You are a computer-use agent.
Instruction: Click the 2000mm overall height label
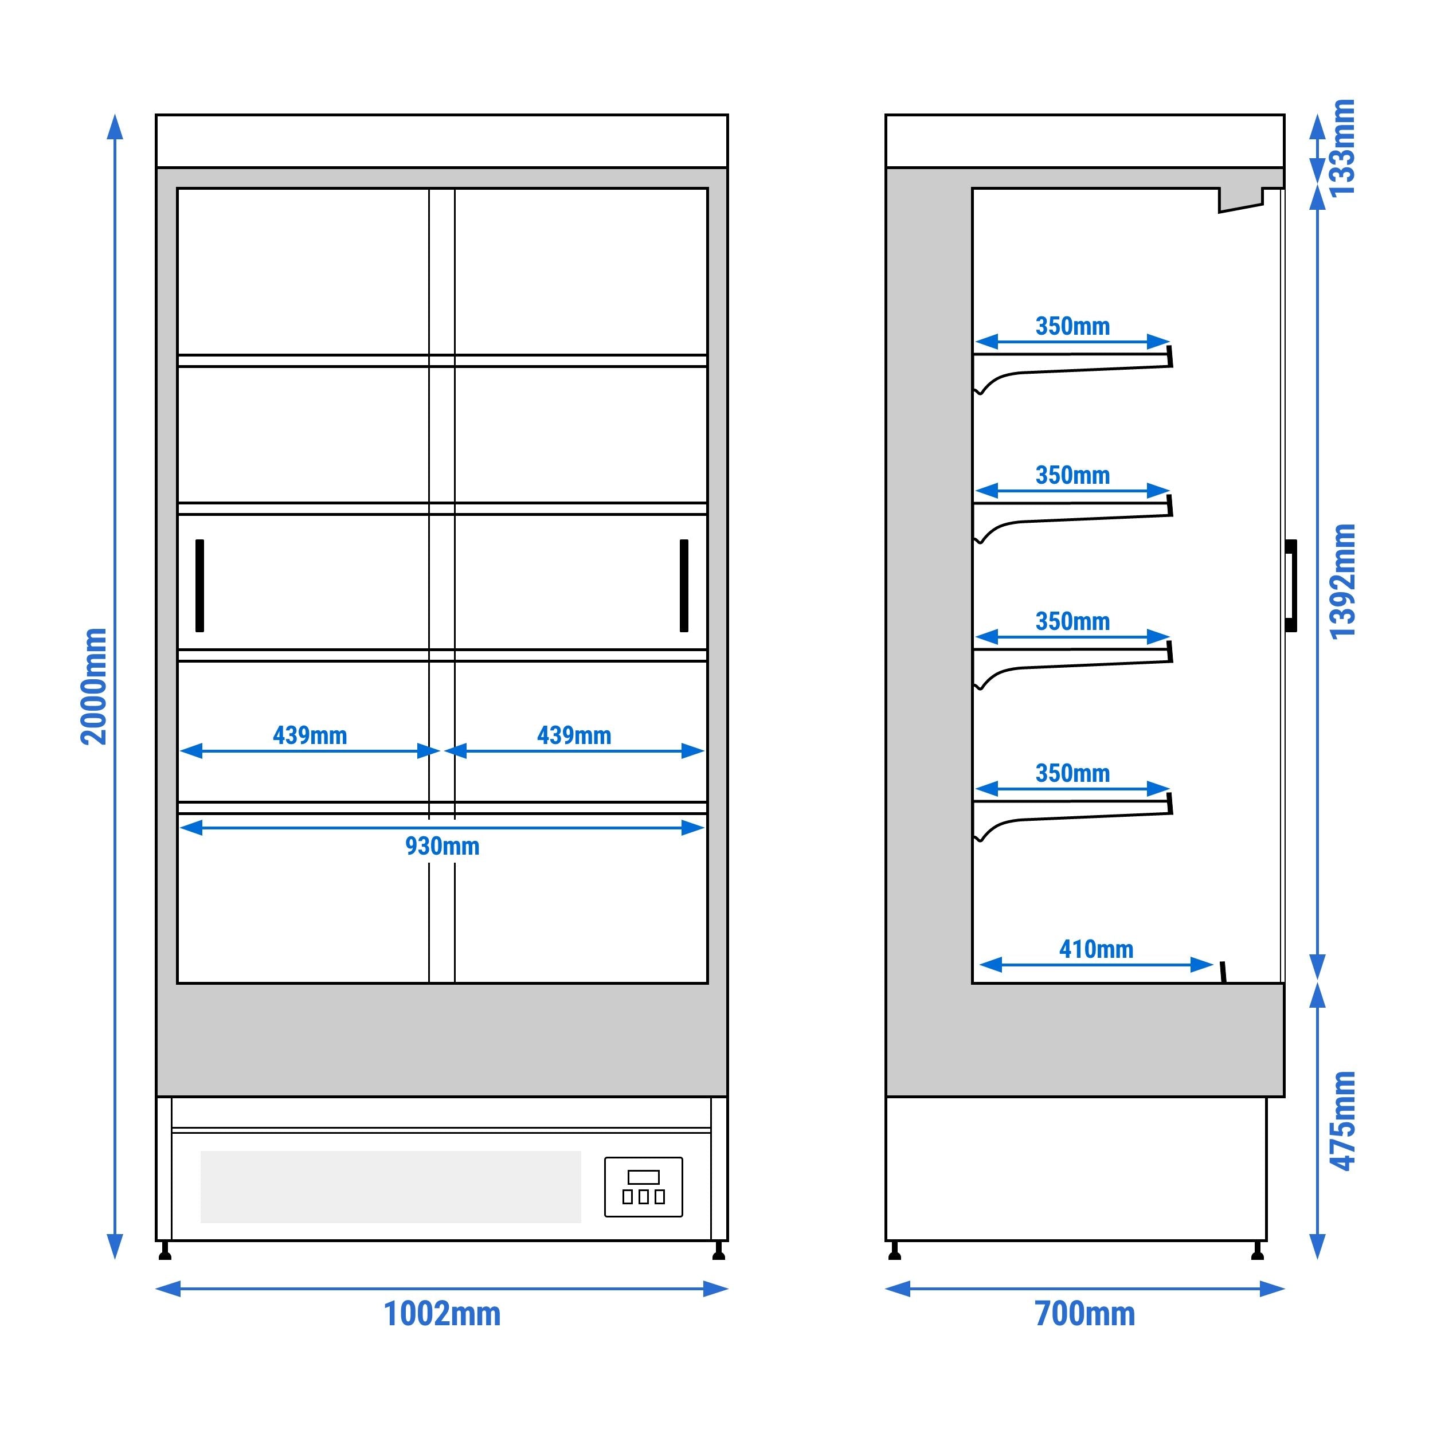94,686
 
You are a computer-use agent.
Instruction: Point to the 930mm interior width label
442,846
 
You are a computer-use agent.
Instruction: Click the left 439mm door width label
310,736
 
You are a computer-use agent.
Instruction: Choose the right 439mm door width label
574,736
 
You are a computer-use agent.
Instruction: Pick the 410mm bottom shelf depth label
1097,949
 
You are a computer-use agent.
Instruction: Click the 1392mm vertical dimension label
1342,581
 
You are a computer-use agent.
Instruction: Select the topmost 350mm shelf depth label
1072,326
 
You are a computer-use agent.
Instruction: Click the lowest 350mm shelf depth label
1072,774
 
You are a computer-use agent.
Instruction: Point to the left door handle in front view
199,585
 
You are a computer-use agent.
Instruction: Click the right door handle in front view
684,585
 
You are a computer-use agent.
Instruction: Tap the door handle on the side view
1291,585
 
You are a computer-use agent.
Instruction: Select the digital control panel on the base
643,1187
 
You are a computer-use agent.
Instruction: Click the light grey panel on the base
390,1187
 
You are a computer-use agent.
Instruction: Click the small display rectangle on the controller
643,1177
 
